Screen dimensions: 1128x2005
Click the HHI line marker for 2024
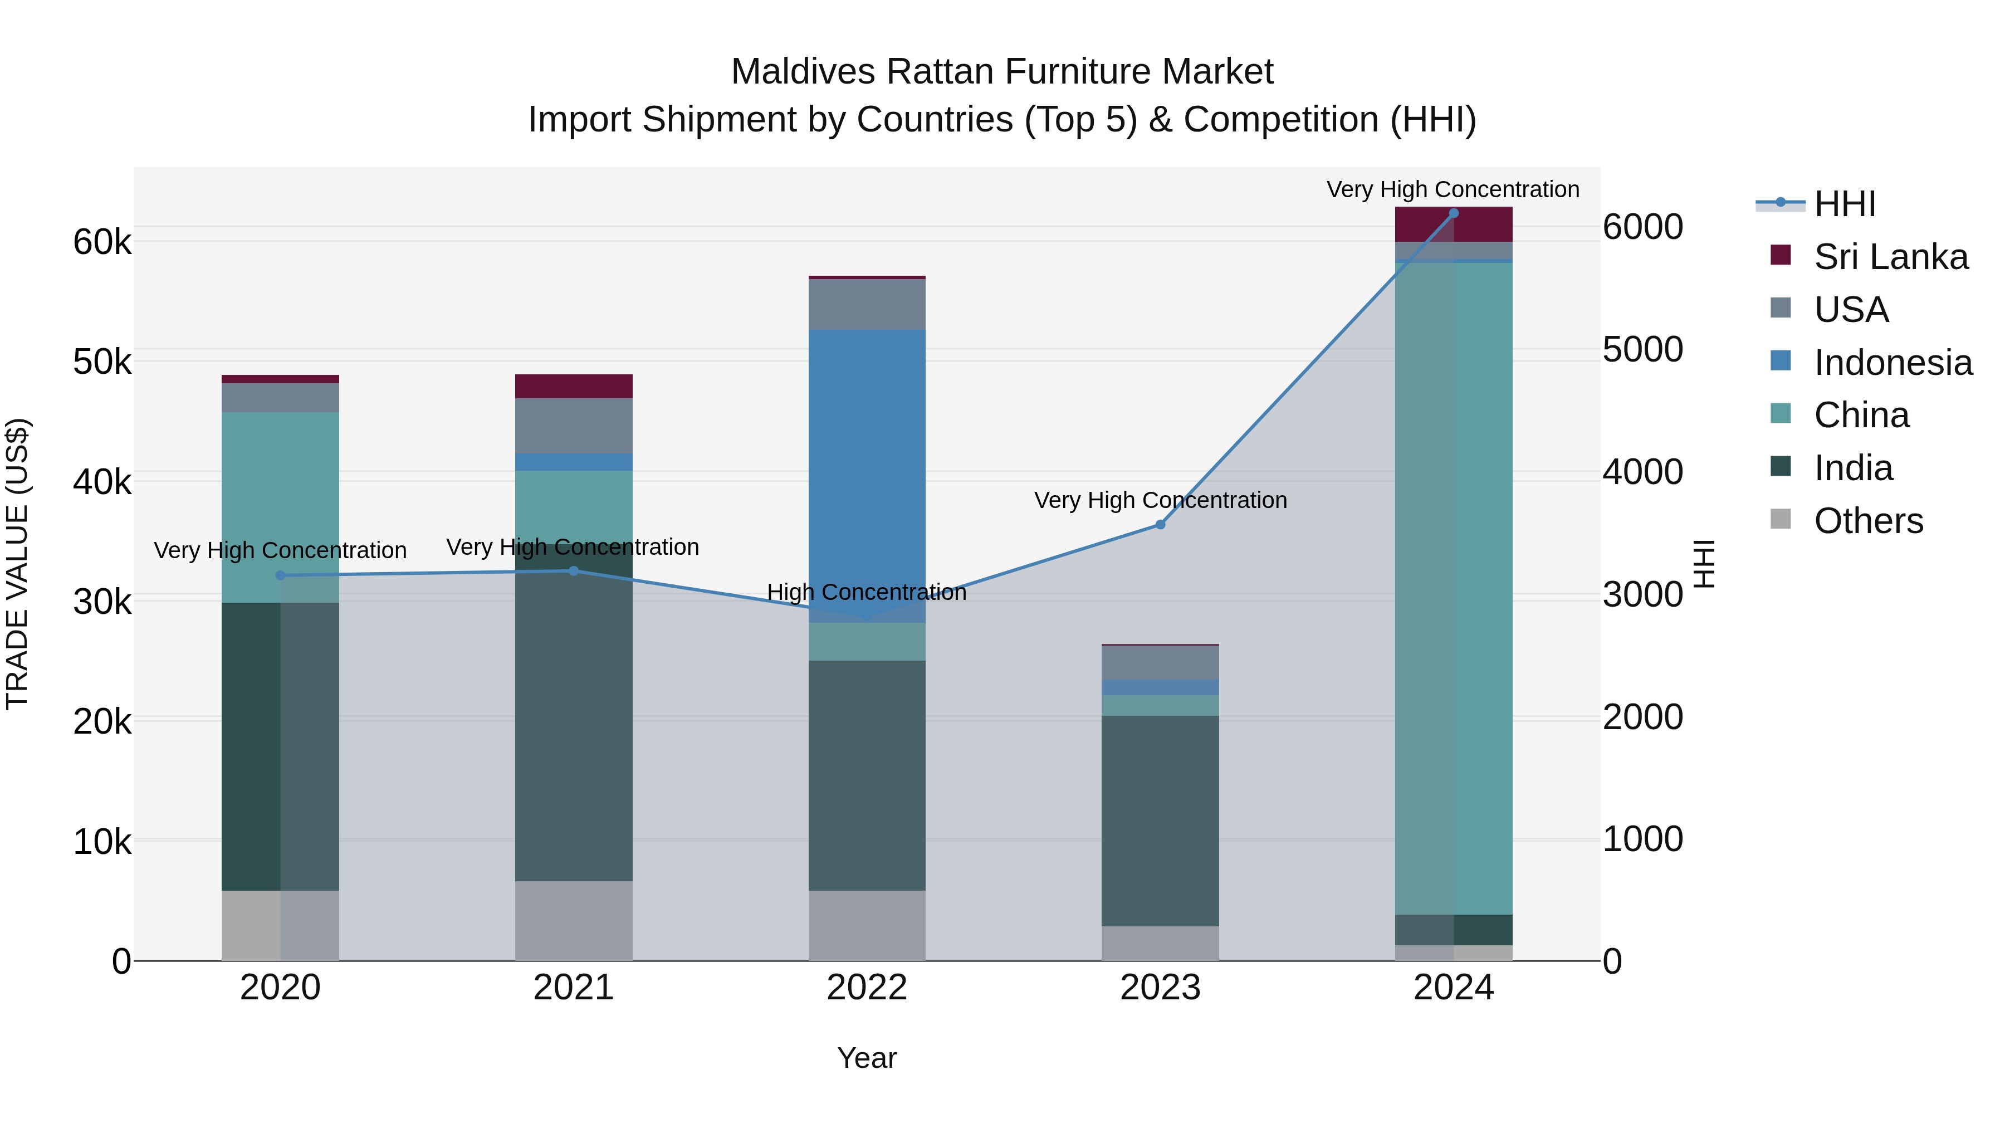[1453, 213]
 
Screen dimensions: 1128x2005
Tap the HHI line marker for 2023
[1160, 525]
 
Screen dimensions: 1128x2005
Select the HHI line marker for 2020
[280, 576]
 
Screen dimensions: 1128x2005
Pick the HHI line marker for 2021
[574, 570]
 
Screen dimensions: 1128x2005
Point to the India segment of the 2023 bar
[1160, 821]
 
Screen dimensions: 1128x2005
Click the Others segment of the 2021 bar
[574, 920]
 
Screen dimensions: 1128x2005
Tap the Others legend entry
[1867, 521]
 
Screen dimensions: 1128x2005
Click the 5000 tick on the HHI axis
[1642, 349]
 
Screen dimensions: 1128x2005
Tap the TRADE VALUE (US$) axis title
[18, 564]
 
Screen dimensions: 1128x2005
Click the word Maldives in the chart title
[801, 72]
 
